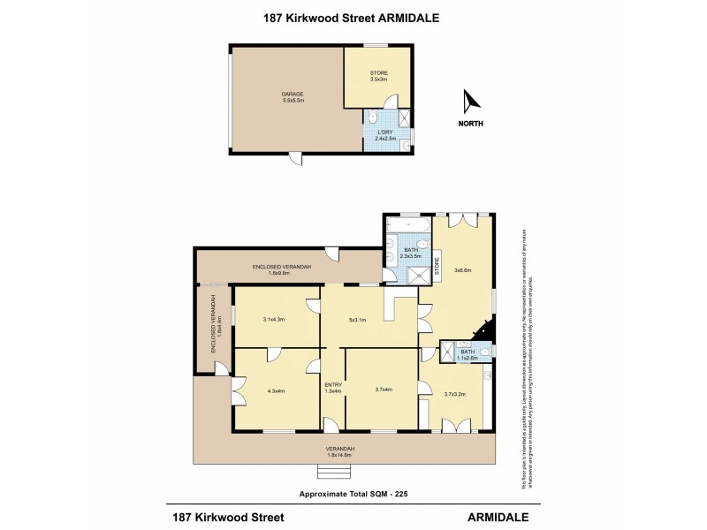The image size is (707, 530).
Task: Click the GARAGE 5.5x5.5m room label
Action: click(x=293, y=97)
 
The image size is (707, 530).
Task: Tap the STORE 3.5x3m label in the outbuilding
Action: click(x=377, y=77)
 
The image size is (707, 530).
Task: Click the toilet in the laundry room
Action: click(x=373, y=117)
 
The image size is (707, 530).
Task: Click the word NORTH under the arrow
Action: click(x=470, y=124)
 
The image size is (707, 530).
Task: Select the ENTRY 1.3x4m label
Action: click(x=332, y=388)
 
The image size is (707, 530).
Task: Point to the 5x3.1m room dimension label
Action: click(x=357, y=320)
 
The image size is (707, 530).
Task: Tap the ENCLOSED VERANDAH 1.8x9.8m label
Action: click(x=283, y=269)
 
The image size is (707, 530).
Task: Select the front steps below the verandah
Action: click(x=331, y=468)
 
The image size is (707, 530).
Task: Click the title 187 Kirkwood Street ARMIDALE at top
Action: click(x=353, y=16)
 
